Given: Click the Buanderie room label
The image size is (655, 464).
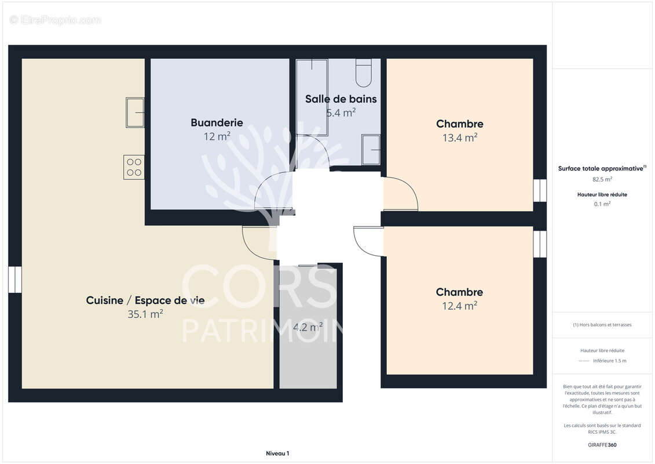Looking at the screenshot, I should coord(217,122).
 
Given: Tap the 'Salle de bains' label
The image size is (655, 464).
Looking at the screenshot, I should coord(341,99).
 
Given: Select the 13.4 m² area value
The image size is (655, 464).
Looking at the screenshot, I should coord(459,137).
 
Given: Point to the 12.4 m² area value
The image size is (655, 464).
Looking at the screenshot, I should coord(459,306).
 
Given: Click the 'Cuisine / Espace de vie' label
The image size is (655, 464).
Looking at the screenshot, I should coord(145,300).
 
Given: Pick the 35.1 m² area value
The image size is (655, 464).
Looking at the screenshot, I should coord(145,314).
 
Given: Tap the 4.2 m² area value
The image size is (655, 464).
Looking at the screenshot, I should coord(308,327).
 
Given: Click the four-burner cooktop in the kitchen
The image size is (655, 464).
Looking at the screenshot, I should coord(134,167).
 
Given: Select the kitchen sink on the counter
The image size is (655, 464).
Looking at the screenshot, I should coord(135,112).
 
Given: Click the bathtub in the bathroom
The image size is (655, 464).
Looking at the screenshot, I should coord(312,97).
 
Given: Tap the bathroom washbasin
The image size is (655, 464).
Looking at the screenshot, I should coord(371,150).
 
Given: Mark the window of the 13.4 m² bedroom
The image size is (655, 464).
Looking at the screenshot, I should coord(540,190).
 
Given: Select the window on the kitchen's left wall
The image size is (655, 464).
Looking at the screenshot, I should coord(14,280).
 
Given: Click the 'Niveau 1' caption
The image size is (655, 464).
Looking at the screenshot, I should coord(277,454).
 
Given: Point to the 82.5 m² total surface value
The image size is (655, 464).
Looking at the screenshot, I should coord(602,179).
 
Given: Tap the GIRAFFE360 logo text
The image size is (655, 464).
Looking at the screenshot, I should coord(602,445).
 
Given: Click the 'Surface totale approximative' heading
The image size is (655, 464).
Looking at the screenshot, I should coord(601,168).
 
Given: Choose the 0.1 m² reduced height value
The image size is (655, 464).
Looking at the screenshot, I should coord(602,204).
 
